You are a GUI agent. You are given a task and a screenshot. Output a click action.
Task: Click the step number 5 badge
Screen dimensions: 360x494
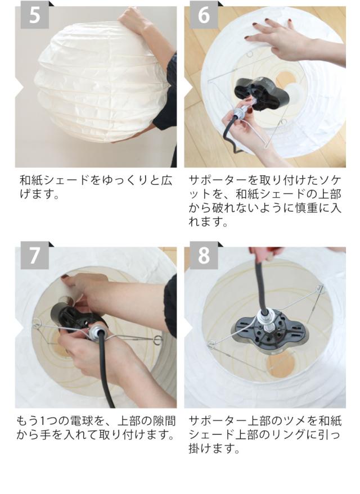35,15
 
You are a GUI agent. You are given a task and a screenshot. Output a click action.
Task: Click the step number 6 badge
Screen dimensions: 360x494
204,15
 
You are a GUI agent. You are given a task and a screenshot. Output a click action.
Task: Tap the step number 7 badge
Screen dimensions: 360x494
35,255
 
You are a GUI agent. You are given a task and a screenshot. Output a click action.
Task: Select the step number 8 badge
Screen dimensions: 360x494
204,255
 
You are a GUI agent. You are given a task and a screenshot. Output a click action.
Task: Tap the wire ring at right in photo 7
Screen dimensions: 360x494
157,340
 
